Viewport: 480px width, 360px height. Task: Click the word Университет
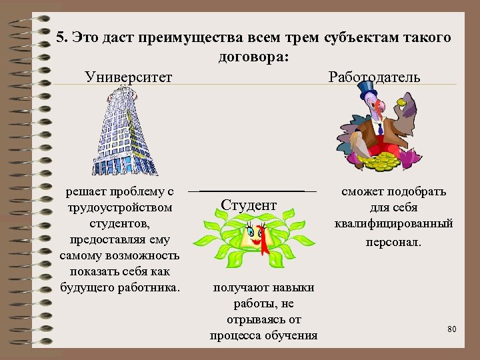[x=128, y=77]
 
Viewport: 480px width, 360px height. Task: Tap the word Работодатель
[x=374, y=77]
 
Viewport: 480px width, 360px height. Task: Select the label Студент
[x=248, y=205]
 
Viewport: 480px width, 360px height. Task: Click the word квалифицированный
[x=393, y=224]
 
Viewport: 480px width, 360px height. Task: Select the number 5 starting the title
[x=61, y=38]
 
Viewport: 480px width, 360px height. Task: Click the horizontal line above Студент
[x=253, y=192]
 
